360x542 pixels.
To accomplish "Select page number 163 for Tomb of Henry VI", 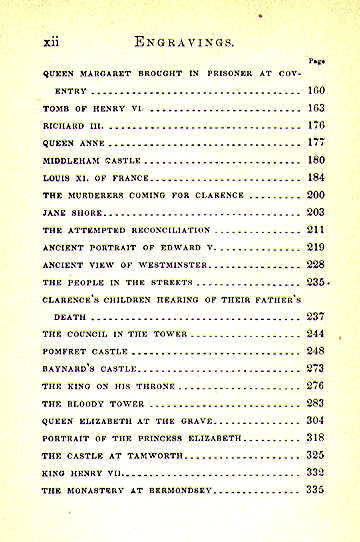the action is [x=317, y=108].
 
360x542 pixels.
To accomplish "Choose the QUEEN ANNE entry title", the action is [x=71, y=143].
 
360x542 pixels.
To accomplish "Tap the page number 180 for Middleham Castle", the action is [x=317, y=160].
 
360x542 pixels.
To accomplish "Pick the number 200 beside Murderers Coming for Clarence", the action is [x=317, y=195].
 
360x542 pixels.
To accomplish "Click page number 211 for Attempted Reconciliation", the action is [x=317, y=230].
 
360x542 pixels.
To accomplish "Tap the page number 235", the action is [x=317, y=282].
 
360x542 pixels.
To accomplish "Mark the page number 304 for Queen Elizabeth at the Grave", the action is [x=317, y=421].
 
